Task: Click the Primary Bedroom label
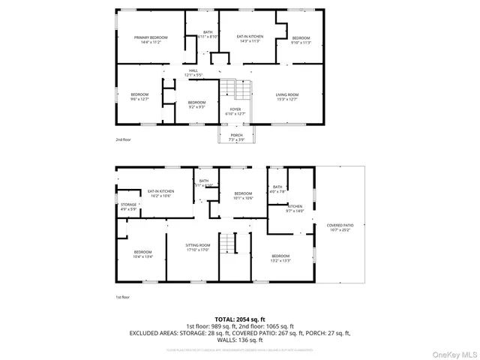pyautogui.click(x=151, y=40)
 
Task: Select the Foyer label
pyautogui.click(x=235, y=112)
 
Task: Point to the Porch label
pyautogui.click(x=236, y=137)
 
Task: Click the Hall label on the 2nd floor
pyautogui.click(x=193, y=73)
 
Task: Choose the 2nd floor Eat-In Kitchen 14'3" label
pyautogui.click(x=247, y=39)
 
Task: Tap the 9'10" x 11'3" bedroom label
pyautogui.click(x=301, y=40)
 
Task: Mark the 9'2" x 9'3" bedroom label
pyautogui.click(x=196, y=105)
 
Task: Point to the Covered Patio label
pyautogui.click(x=340, y=228)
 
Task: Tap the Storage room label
pyautogui.click(x=129, y=206)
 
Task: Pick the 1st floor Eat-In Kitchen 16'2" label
pyautogui.click(x=160, y=193)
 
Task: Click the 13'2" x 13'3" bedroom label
pyautogui.click(x=280, y=258)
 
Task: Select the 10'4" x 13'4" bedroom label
pyautogui.click(x=142, y=254)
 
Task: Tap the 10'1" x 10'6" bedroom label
pyautogui.click(x=243, y=196)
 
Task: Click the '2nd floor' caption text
pyautogui.click(x=123, y=140)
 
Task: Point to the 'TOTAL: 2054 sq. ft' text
pyautogui.click(x=240, y=319)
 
